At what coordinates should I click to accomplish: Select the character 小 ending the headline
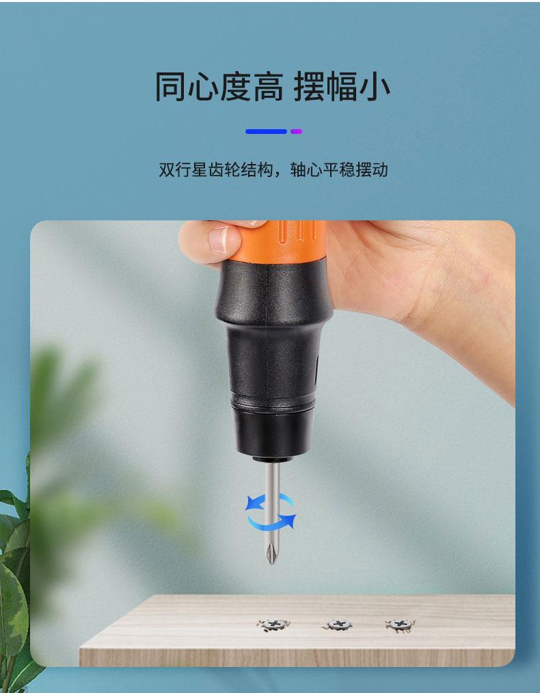(x=375, y=87)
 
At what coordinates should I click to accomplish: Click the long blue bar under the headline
(x=266, y=131)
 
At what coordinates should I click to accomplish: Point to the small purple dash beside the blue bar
(x=296, y=131)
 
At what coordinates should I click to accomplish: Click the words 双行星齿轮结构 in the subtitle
(x=215, y=169)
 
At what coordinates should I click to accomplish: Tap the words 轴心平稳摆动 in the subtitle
(x=339, y=169)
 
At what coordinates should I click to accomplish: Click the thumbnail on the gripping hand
(x=219, y=240)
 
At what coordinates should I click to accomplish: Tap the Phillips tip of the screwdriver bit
(x=271, y=555)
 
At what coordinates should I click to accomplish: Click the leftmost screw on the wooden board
(x=273, y=625)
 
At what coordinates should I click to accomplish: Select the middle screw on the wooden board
(x=338, y=625)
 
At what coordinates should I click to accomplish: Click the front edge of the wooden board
(x=297, y=657)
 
